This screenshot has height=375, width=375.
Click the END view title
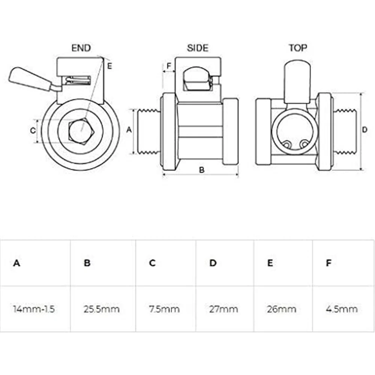click(x=81, y=48)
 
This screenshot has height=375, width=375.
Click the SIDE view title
click(x=197, y=48)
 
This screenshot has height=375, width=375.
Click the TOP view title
click(x=298, y=48)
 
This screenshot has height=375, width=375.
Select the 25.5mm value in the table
click(x=101, y=309)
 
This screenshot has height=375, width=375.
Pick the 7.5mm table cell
click(x=164, y=309)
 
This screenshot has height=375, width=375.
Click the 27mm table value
click(x=223, y=309)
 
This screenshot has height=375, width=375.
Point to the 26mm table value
click(x=282, y=309)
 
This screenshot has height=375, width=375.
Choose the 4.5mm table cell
click(x=341, y=309)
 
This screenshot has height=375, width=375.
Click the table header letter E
click(x=270, y=263)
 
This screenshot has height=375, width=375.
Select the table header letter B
click(x=87, y=263)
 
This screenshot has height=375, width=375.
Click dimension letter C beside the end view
click(x=32, y=130)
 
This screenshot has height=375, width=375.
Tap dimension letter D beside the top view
click(x=364, y=130)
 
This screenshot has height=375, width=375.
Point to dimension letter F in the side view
click(x=169, y=66)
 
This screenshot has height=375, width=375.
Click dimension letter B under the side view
click(x=201, y=169)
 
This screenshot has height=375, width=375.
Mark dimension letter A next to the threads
click(x=129, y=130)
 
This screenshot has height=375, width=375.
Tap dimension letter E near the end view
click(x=109, y=66)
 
